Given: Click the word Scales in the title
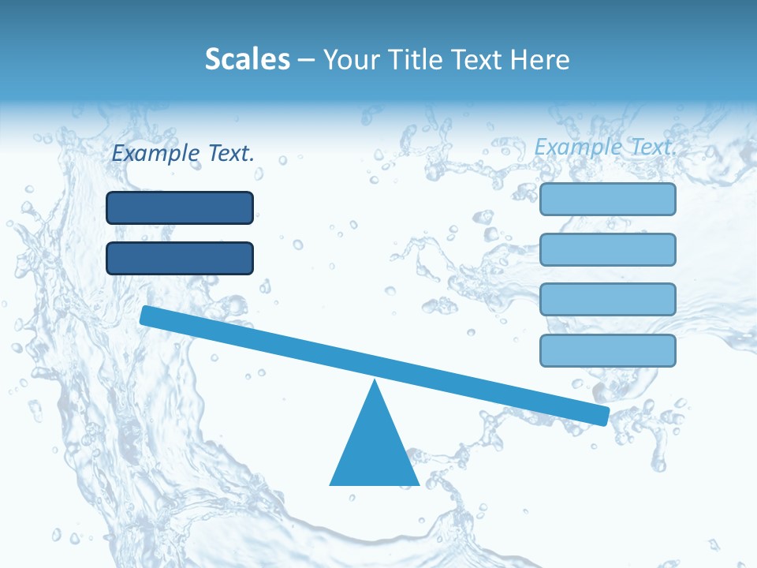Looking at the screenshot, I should click(x=248, y=59).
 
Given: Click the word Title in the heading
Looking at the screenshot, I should click(x=413, y=59).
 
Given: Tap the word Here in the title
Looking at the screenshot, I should click(x=540, y=59).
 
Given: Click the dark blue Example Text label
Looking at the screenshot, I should click(x=183, y=153).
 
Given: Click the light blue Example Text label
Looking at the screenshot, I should click(x=606, y=147).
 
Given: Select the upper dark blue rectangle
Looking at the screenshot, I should click(x=180, y=207).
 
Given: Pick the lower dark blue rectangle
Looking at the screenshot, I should click(x=180, y=258).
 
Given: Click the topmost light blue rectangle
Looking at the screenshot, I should click(x=607, y=199).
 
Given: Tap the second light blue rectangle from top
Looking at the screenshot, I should click(x=607, y=249).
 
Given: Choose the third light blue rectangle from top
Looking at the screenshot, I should click(x=607, y=300).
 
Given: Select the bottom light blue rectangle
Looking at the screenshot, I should click(x=607, y=350).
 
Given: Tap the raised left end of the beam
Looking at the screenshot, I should click(x=147, y=315).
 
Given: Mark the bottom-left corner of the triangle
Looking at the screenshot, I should click(x=331, y=484).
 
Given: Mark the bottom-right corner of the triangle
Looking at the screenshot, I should click(x=417, y=484).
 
